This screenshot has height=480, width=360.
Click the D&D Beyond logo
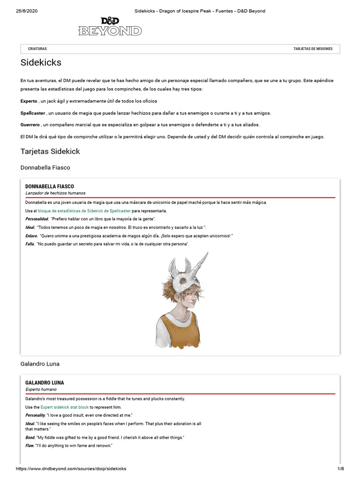coord(110,26)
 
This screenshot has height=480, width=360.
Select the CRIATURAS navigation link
coord(37,49)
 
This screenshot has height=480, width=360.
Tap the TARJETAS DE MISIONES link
coord(313,49)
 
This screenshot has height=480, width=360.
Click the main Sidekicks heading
coord(41,62)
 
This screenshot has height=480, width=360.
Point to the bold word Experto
coord(29,101)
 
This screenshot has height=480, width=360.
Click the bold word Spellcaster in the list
coord(33,113)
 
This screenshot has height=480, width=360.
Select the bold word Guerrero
coord(30,125)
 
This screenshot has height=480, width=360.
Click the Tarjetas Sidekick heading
coord(50,151)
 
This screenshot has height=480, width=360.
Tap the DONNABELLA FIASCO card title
coord(49,187)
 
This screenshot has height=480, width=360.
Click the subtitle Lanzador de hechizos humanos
coord(55,193)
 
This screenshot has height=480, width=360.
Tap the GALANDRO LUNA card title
coord(45,383)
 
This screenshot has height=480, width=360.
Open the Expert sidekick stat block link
coord(65,407)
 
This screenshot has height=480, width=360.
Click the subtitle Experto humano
coord(41,390)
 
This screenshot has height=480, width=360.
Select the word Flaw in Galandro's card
coord(30,445)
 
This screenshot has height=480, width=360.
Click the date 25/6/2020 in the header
coord(26,11)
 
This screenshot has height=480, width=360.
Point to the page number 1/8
coord(340,469)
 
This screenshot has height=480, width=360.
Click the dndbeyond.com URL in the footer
coord(71,469)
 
